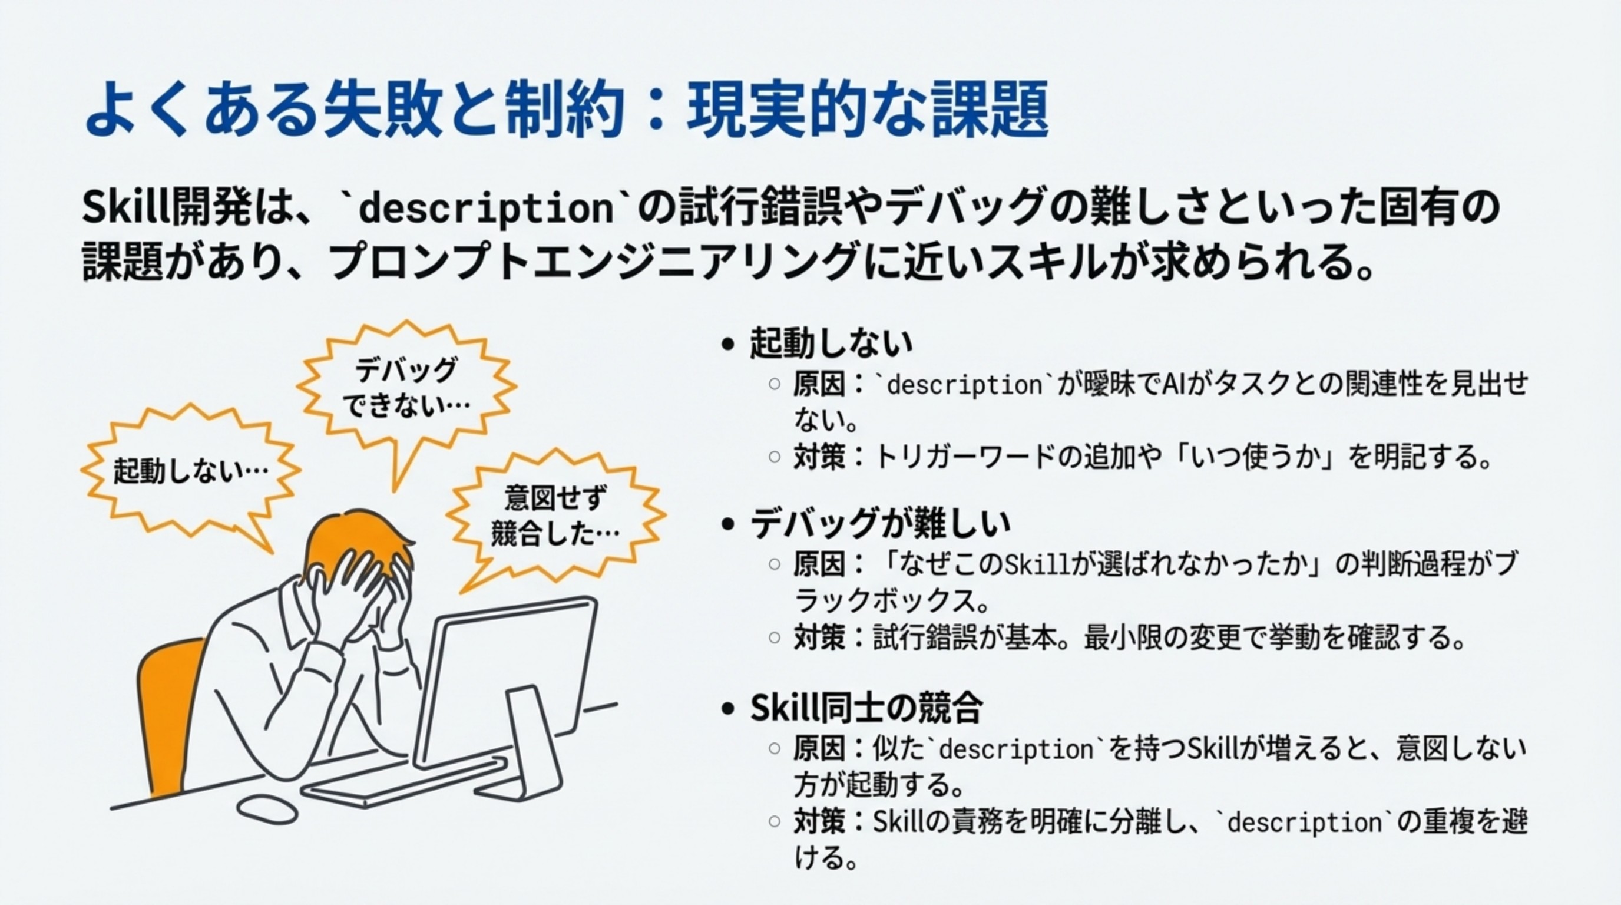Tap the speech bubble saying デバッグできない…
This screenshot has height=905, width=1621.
406,387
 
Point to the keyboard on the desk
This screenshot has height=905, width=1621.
403,781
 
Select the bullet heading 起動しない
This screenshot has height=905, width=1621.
831,343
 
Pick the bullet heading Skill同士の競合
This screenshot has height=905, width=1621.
866,708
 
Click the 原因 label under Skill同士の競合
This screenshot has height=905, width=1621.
819,749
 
